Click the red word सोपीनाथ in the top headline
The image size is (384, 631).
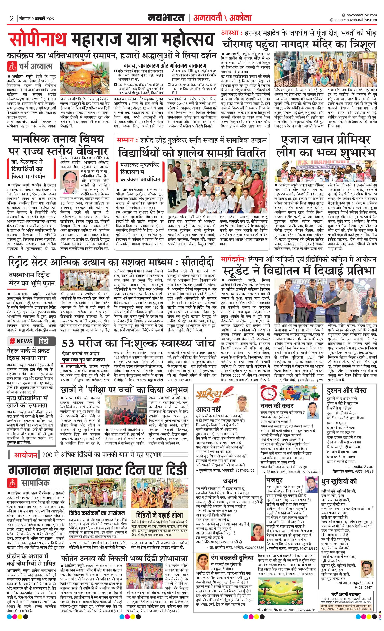tap(38, 40)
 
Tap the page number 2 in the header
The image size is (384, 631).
tap(12, 19)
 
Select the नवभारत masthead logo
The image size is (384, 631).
tap(166, 18)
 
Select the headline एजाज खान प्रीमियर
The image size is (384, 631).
tap(326, 140)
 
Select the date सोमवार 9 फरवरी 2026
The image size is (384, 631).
tap(37, 19)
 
